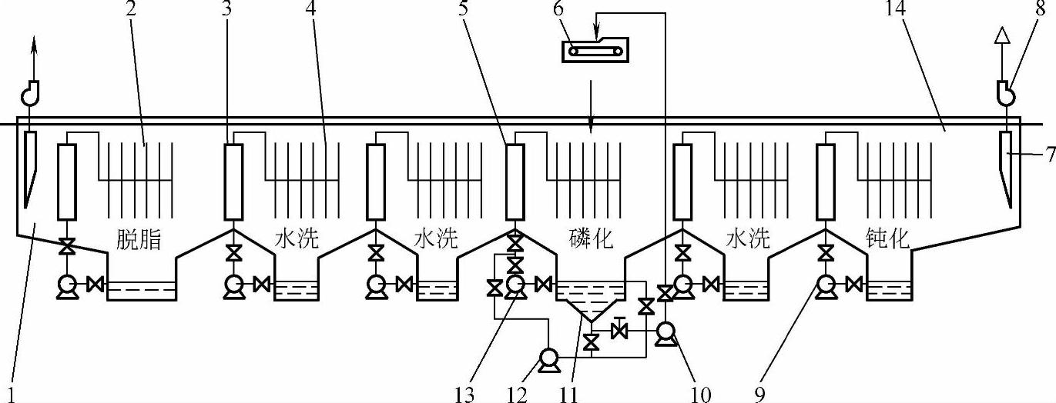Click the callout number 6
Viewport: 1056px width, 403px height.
point(558,12)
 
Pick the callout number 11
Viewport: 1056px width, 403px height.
point(569,393)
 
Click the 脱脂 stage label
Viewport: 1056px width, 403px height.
point(139,239)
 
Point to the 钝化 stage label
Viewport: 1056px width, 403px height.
point(887,239)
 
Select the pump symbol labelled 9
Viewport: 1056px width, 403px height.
point(826,285)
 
